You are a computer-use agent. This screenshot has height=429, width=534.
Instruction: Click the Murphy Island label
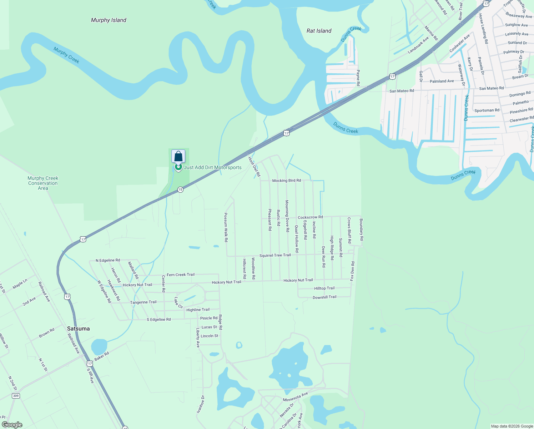click(109, 20)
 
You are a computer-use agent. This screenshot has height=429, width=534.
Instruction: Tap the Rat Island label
click(319, 31)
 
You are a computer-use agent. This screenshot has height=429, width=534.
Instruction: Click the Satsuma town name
click(79, 329)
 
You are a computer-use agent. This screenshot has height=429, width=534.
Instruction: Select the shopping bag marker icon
click(178, 157)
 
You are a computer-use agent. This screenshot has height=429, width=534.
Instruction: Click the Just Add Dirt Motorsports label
click(213, 167)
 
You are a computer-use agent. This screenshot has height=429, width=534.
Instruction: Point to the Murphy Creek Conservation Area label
click(43, 183)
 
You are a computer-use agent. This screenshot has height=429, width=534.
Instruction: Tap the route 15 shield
click(180, 189)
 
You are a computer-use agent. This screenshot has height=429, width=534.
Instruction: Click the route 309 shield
click(15, 396)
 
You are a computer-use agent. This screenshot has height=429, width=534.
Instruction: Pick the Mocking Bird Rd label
click(286, 181)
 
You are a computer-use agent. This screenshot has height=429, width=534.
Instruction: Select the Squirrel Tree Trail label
click(275, 255)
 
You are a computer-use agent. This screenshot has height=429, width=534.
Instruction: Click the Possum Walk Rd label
click(226, 227)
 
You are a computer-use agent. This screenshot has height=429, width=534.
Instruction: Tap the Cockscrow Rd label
click(310, 217)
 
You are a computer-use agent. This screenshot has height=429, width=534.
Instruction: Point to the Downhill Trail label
click(324, 297)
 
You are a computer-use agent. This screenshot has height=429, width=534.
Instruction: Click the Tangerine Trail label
click(143, 302)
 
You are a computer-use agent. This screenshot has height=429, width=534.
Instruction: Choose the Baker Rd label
click(102, 356)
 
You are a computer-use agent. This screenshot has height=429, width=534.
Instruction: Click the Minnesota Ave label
click(295, 397)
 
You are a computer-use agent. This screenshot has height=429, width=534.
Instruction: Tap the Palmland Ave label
click(442, 81)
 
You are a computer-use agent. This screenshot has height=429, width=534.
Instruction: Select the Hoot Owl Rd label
click(254, 166)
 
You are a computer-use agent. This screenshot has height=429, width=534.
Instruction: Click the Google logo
click(12, 425)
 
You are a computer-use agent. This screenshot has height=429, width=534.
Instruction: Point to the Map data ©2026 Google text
click(512, 426)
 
